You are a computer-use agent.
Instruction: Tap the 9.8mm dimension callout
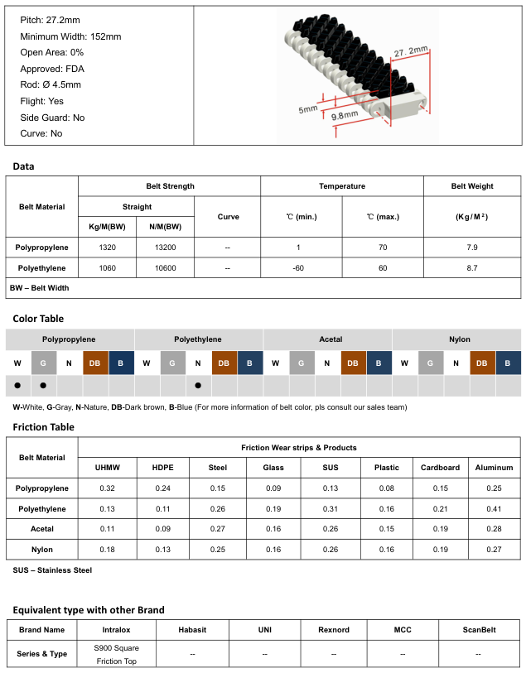click(345, 115)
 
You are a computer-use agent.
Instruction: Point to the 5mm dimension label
click(307, 108)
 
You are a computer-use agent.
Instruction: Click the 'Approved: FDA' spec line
click(51, 69)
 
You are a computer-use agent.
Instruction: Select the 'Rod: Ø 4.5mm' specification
click(51, 84)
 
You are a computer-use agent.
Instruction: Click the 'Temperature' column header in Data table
click(342, 186)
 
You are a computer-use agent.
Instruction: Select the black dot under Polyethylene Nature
click(199, 386)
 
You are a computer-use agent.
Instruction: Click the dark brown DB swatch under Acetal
click(353, 363)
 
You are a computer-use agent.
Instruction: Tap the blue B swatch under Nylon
click(509, 363)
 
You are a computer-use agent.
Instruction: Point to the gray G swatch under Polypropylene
click(44, 363)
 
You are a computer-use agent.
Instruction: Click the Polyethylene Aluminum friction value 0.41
click(495, 508)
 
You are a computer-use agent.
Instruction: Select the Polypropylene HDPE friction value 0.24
click(162, 488)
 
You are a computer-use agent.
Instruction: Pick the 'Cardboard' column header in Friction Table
click(440, 468)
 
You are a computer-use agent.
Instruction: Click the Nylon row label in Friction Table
click(41, 549)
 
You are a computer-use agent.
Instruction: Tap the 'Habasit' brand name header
click(192, 629)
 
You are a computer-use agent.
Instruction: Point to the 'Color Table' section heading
click(38, 319)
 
